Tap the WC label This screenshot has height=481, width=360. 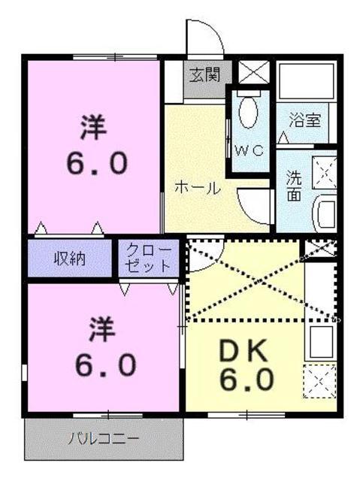coord(248,150)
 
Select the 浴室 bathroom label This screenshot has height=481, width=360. coord(305,119)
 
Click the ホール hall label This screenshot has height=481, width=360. coord(198,188)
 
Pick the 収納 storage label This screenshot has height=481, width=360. coord(69,259)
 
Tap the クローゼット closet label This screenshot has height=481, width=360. coord(147,259)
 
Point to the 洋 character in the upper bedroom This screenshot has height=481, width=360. coord(95,128)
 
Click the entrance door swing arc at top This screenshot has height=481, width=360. coord(203,38)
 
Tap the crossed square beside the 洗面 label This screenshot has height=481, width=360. coord(326,170)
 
